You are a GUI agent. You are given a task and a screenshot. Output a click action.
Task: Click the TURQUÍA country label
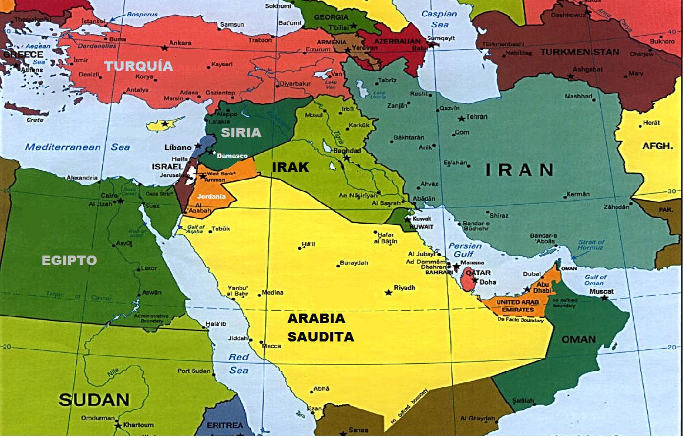click(139, 66)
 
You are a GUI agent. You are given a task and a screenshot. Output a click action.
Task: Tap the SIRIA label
click(241, 133)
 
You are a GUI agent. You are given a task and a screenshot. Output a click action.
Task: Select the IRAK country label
click(290, 167)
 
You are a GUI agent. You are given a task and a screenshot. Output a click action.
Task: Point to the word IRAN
click(519, 170)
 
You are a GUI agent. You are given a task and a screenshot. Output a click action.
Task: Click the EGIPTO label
click(69, 261)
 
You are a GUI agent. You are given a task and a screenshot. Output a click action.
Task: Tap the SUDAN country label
click(94, 400)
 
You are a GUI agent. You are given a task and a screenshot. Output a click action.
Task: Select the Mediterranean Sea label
click(77, 147)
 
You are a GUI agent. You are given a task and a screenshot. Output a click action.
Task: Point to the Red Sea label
click(239, 363)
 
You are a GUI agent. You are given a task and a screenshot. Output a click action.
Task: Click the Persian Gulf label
click(464, 250)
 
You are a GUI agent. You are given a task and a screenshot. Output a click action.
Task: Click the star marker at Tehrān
click(461, 118)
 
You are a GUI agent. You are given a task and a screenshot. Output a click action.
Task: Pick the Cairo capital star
click(120, 201)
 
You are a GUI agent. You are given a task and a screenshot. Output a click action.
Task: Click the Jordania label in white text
click(211, 196)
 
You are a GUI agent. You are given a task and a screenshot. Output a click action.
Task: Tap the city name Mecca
click(272, 346)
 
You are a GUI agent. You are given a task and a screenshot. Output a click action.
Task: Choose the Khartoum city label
click(138, 425)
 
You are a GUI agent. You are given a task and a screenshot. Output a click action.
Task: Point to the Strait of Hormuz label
click(591, 246)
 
